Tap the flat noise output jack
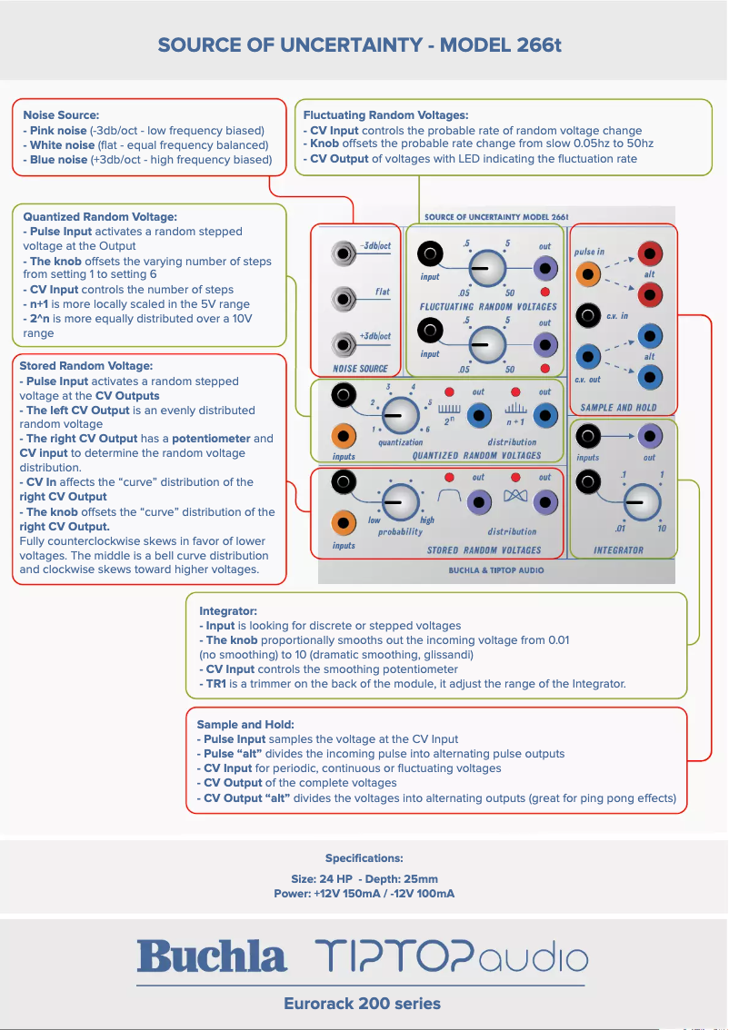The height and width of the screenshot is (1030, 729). [345, 298]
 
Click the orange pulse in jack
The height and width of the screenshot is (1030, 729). [589, 273]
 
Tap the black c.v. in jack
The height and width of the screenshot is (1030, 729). [589, 315]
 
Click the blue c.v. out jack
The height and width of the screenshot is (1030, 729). [589, 355]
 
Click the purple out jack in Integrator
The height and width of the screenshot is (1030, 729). [649, 437]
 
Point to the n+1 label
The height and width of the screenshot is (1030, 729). [515, 423]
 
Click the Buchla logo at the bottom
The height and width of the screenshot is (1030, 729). [212, 956]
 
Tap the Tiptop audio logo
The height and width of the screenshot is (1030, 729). [452, 956]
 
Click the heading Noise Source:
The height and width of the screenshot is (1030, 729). [61, 115]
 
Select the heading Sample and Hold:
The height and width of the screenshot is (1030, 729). [245, 725]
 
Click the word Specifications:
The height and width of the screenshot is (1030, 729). [364, 857]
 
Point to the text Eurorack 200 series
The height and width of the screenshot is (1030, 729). [362, 1004]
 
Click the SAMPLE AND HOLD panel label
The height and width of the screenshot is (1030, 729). [618, 408]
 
